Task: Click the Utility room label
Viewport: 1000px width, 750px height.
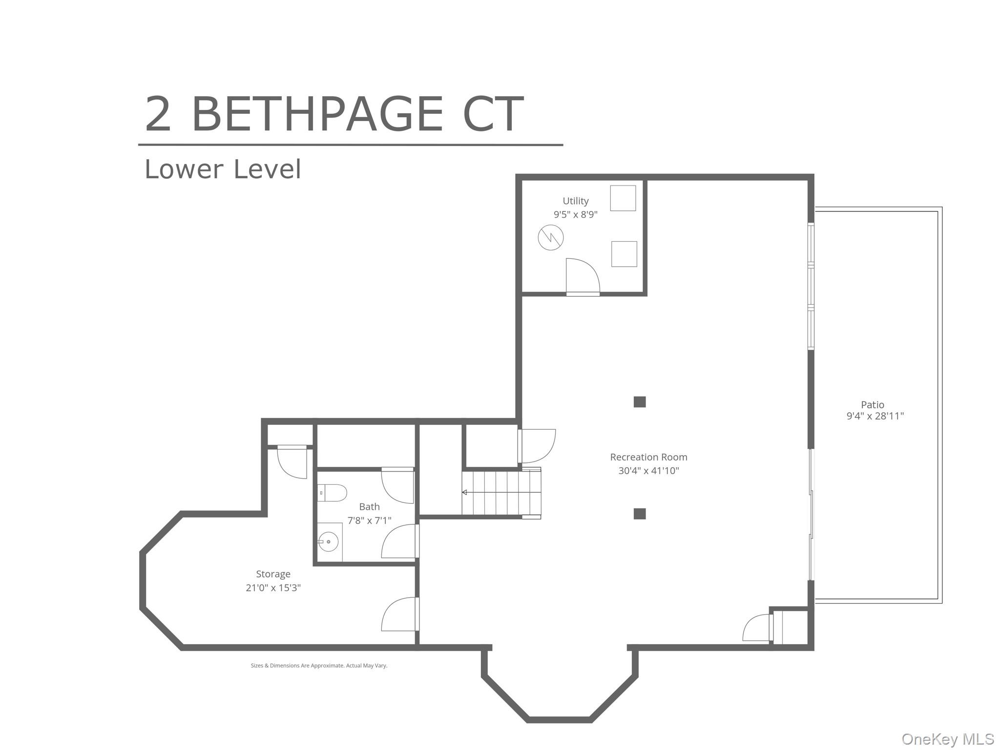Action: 575,201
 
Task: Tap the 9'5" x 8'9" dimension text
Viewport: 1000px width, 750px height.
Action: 575,214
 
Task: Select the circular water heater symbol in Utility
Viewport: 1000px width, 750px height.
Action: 550,238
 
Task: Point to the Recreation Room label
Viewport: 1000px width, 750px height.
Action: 648,457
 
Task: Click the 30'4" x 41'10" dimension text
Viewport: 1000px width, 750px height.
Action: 648,471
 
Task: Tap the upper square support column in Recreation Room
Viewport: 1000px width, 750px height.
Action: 640,402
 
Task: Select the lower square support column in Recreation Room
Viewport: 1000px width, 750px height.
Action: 640,514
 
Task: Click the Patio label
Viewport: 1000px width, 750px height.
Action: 873,404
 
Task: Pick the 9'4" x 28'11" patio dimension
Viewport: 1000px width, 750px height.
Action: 875,416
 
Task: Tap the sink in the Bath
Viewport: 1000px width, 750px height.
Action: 329,542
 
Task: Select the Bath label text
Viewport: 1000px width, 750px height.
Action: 369,507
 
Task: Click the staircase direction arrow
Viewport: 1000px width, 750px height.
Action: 464,492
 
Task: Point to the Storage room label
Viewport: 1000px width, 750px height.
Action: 273,574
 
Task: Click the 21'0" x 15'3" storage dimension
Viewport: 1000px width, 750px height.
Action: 273,588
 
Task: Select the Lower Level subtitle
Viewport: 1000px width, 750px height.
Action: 223,169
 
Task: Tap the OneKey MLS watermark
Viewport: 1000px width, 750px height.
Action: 947,739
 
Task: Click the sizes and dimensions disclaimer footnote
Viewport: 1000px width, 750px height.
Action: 319,666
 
